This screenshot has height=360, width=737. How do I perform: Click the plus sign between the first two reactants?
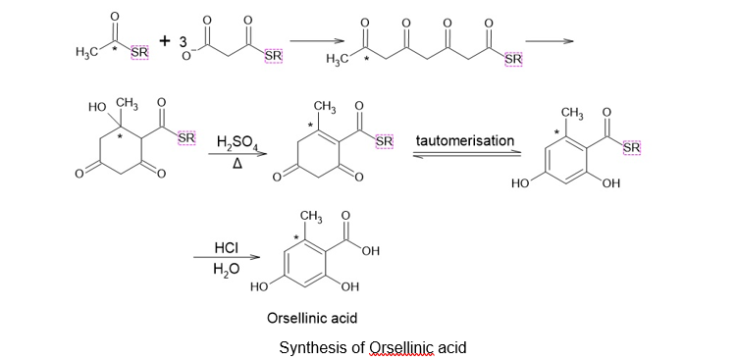[164, 41]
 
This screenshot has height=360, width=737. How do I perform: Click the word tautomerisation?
[465, 140]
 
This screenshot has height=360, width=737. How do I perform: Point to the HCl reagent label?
[226, 247]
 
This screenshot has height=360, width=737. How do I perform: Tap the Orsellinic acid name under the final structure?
[312, 318]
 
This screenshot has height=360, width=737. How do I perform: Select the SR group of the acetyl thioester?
[139, 53]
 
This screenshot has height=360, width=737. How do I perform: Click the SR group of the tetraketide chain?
[513, 59]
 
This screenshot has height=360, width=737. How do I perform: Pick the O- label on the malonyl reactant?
[187, 57]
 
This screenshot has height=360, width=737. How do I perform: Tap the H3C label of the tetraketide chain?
[337, 59]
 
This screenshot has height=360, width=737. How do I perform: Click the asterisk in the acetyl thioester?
[121, 48]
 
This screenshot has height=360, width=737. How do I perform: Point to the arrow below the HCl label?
[227, 257]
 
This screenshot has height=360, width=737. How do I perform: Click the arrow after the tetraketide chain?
[549, 41]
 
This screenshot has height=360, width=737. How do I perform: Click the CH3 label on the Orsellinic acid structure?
[311, 217]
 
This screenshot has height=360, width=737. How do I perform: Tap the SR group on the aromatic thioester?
[631, 147]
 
